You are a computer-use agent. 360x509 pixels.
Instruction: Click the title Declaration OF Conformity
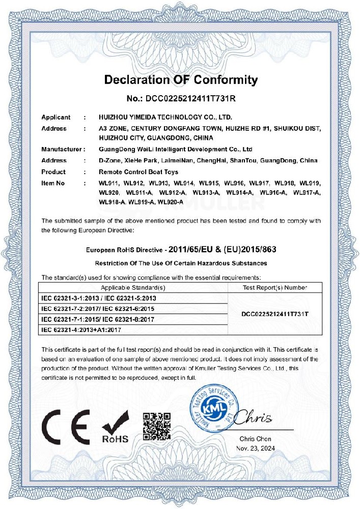pos(181,80)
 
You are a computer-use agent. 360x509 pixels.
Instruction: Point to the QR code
pos(156,426)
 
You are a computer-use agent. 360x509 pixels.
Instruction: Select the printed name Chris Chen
pos(255,439)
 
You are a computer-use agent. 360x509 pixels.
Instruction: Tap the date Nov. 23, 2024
pos(255,448)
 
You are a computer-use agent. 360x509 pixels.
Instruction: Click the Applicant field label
pos(56,117)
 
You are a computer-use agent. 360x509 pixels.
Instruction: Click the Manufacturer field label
pos(61,150)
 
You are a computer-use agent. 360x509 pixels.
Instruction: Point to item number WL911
pos(108,182)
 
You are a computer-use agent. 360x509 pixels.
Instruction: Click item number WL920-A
pos(171,202)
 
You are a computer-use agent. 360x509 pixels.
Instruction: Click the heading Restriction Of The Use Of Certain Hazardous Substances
pos(181,263)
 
